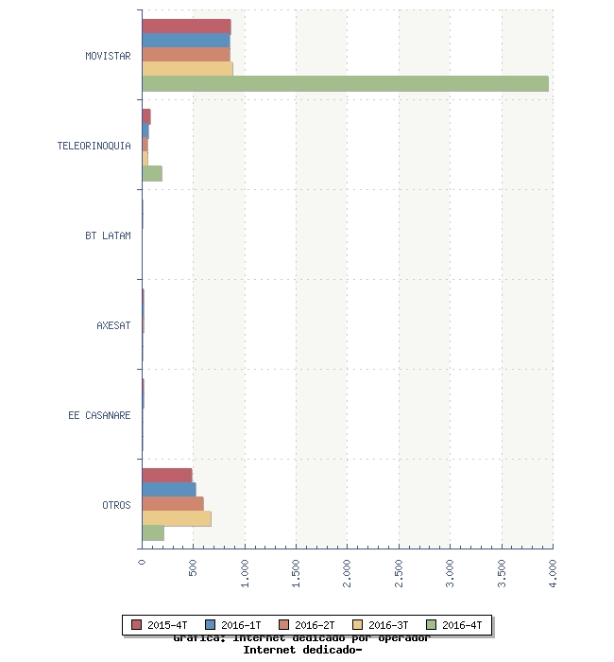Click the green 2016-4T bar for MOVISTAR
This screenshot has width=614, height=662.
[x=345, y=84]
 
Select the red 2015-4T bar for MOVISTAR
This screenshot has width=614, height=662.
[x=186, y=26]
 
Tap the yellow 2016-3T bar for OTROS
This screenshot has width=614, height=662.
[x=176, y=519]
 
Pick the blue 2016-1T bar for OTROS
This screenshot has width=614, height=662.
[x=168, y=490]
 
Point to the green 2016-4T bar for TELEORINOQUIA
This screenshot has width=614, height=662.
[x=152, y=174]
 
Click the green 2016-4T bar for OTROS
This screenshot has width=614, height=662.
[x=153, y=533]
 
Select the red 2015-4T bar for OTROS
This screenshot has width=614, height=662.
[x=166, y=475]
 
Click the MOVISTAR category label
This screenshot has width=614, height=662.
[x=108, y=56]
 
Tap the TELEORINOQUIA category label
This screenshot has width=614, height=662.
[x=94, y=146]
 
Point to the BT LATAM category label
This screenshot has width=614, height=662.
[x=108, y=235]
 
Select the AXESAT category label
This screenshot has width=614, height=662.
[x=113, y=325]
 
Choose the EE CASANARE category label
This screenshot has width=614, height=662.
[x=99, y=415]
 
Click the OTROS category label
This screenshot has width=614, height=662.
[x=116, y=505]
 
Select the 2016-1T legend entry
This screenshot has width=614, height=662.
[x=233, y=625]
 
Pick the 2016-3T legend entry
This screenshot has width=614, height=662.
[x=381, y=625]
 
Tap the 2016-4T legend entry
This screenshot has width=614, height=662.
[x=454, y=625]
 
